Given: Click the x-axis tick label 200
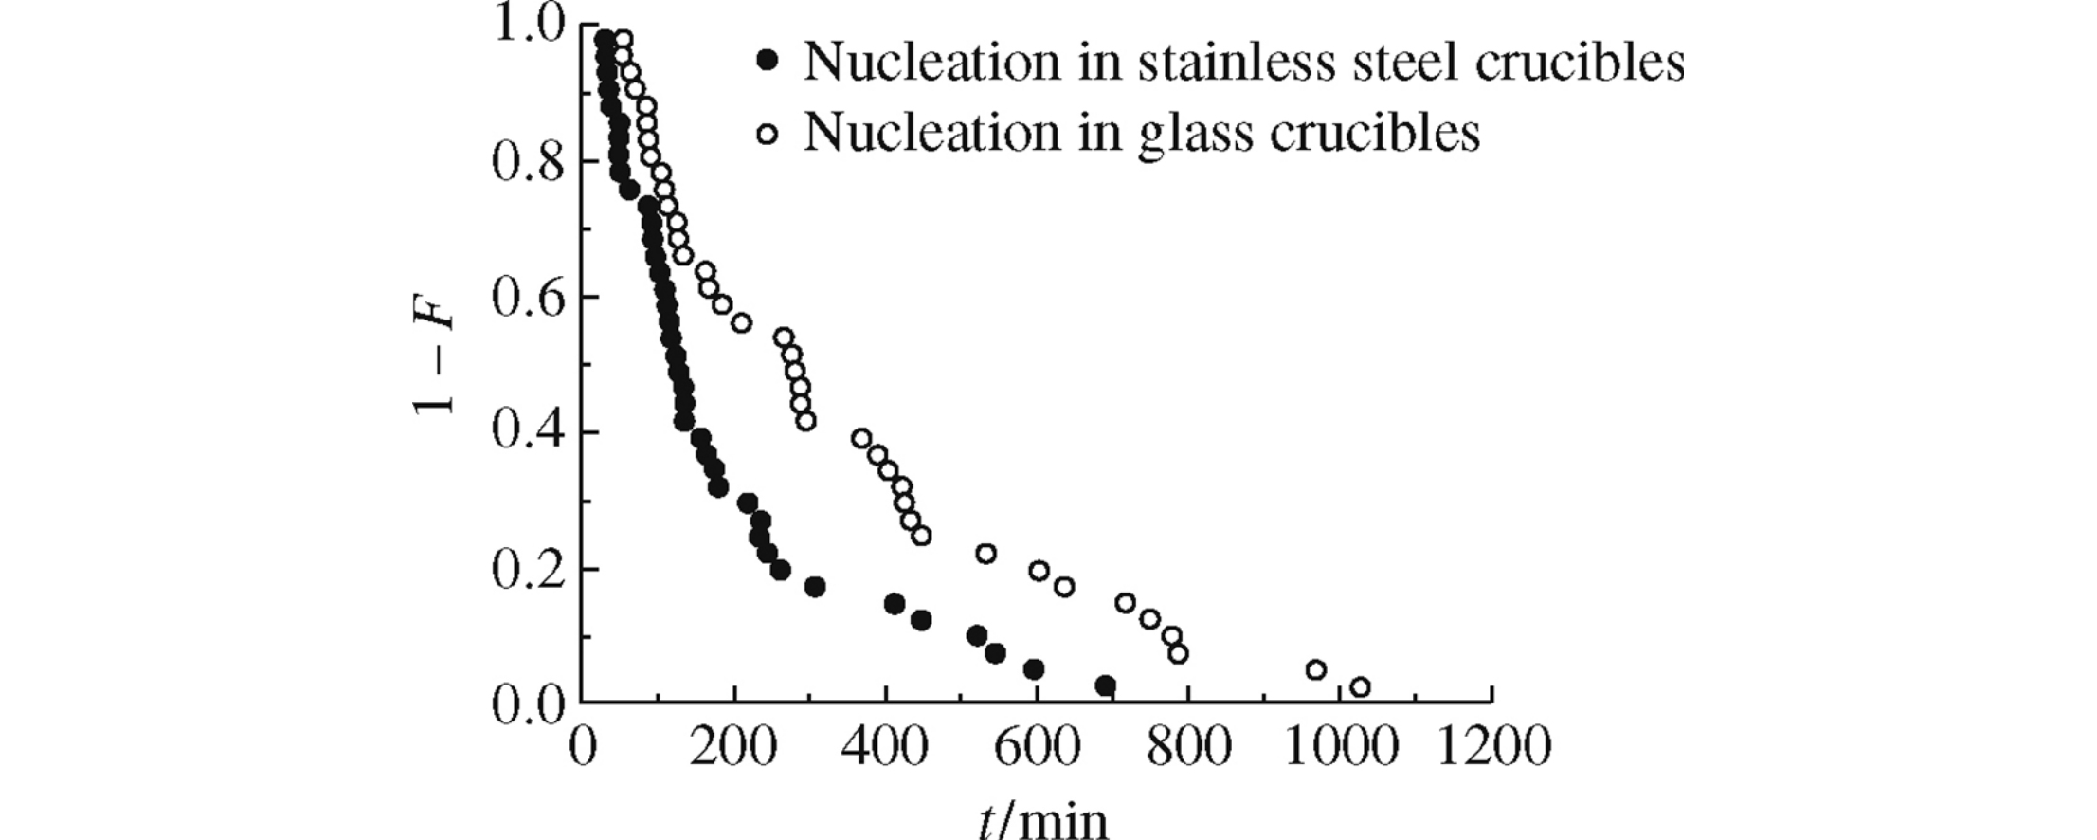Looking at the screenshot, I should tap(732, 747).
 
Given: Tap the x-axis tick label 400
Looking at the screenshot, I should tap(885, 747).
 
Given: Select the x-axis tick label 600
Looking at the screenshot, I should tap(1037, 747).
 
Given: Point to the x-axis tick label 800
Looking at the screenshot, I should tap(1188, 747).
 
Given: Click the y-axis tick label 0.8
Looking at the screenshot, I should tap(527, 161).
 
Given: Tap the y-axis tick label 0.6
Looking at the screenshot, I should tap(527, 298).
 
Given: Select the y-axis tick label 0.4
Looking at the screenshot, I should tap(527, 433).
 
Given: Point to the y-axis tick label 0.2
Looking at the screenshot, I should tap(527, 570).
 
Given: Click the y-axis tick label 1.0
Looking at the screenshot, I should tap(527, 27).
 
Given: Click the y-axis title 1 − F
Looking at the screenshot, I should tap(433, 365).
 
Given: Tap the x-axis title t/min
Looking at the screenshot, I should tap(1041, 818).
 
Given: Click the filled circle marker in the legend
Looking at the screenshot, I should tap(768, 63).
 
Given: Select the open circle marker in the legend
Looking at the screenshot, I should tap(768, 134).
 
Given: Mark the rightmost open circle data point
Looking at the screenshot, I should tap(1360, 686).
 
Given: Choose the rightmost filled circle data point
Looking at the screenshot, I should tap(1105, 685).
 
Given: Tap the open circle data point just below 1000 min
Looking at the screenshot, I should tap(1315, 669).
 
